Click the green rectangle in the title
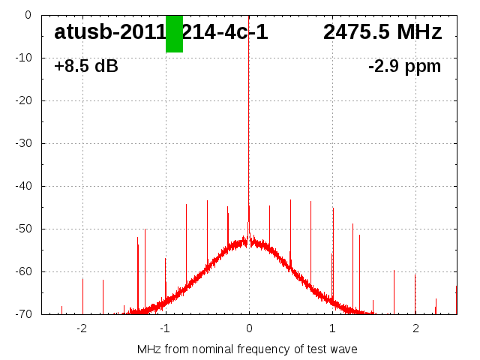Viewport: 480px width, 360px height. [174, 34]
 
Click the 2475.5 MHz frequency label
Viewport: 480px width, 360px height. [382, 32]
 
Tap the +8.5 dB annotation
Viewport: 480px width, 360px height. [86, 66]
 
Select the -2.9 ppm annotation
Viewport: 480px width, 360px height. [404, 66]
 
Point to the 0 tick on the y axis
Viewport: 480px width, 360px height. [27, 14]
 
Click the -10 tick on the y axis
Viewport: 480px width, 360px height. [24, 58]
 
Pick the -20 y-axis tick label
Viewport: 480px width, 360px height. [24, 100]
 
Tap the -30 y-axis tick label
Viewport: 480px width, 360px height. [24, 143]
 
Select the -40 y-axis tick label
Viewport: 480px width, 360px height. [24, 186]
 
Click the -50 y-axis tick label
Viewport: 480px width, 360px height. [24, 229]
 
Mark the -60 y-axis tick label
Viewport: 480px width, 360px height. [24, 271]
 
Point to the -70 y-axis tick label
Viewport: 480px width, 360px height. [24, 314]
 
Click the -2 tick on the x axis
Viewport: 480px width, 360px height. [82, 328]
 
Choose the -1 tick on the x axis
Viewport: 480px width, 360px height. [165, 328]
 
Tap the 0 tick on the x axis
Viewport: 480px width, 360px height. [249, 328]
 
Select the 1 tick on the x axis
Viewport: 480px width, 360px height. [332, 328]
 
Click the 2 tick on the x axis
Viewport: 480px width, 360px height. [415, 328]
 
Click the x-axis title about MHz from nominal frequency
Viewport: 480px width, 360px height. [247, 349]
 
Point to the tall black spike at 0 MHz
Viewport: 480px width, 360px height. [249, 112]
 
